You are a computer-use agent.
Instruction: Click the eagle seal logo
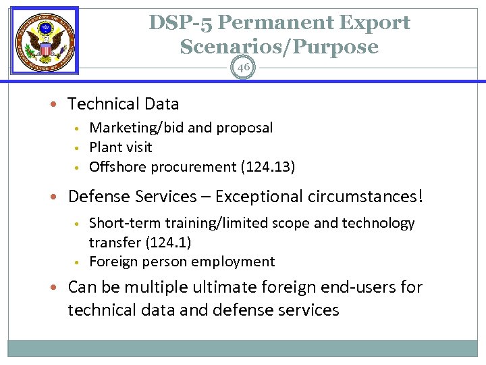[45, 40]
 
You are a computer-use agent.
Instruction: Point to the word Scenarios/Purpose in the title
[279, 47]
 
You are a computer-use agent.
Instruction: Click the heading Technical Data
[124, 104]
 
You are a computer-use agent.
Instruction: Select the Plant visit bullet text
[121, 147]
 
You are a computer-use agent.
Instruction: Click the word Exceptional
[267, 197]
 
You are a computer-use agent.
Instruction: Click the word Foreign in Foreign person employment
[113, 262]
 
